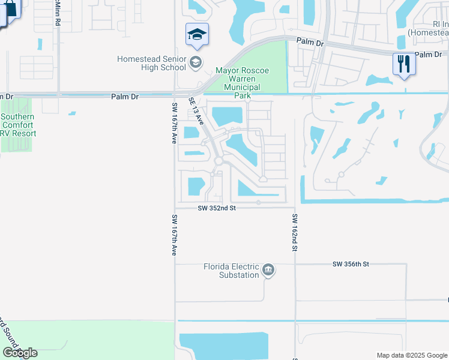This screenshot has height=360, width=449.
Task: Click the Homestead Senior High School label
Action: click(x=151, y=63)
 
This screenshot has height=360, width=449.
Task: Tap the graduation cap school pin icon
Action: click(x=197, y=35)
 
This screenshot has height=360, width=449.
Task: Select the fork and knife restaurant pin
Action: click(x=403, y=63)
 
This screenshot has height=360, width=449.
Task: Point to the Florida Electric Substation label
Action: click(x=231, y=271)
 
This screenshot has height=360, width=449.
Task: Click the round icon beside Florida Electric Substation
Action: click(x=268, y=271)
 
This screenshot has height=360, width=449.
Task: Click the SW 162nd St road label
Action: click(x=295, y=232)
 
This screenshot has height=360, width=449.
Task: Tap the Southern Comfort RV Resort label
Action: click(x=18, y=125)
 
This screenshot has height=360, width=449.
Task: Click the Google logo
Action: click(x=20, y=352)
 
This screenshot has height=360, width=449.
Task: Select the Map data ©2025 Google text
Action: click(x=412, y=355)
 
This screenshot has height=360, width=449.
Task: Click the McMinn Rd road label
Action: click(x=58, y=12)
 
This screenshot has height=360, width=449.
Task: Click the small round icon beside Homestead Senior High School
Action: click(x=195, y=62)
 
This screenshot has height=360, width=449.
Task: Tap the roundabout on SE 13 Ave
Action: click(x=219, y=161)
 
